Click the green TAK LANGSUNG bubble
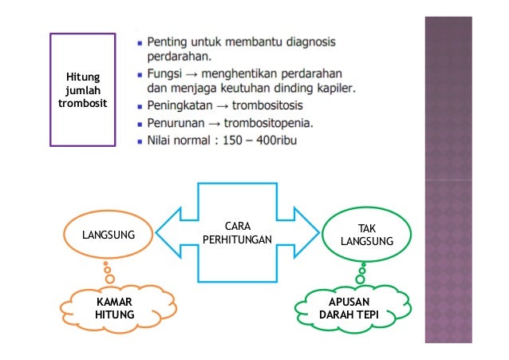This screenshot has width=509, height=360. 366,235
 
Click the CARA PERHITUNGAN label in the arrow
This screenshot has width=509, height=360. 237,233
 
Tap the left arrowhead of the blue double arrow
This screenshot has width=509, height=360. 169,233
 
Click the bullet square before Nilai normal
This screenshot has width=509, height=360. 139,142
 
